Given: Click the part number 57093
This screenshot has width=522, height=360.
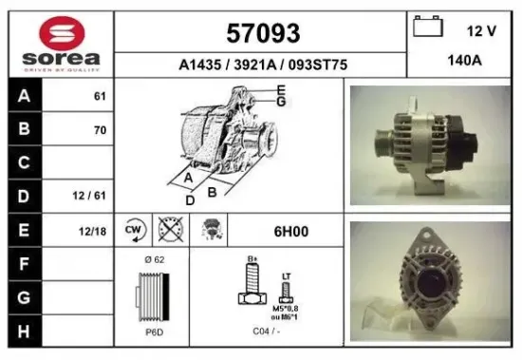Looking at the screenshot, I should [x=263, y=33].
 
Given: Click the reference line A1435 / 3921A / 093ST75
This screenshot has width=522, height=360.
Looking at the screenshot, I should [x=263, y=66].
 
